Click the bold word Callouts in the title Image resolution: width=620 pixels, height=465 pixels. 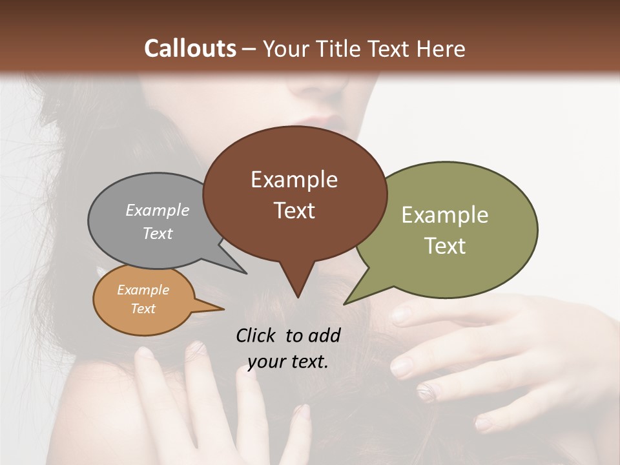point(190,48)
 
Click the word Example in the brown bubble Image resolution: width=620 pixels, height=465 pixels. point(294,180)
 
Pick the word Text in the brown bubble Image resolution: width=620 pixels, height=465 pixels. point(294,211)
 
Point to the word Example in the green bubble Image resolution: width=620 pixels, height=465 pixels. point(444,215)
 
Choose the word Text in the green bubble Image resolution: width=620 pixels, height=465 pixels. point(445,246)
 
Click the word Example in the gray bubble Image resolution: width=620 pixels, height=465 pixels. point(158,211)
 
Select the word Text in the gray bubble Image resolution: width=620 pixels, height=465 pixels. point(158,234)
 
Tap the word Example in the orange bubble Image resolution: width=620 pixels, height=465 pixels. point(143,290)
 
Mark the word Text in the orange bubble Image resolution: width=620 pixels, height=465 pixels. point(143,309)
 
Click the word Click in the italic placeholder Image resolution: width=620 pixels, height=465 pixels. point(257,335)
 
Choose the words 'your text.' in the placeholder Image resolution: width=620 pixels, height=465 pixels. point(287,362)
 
